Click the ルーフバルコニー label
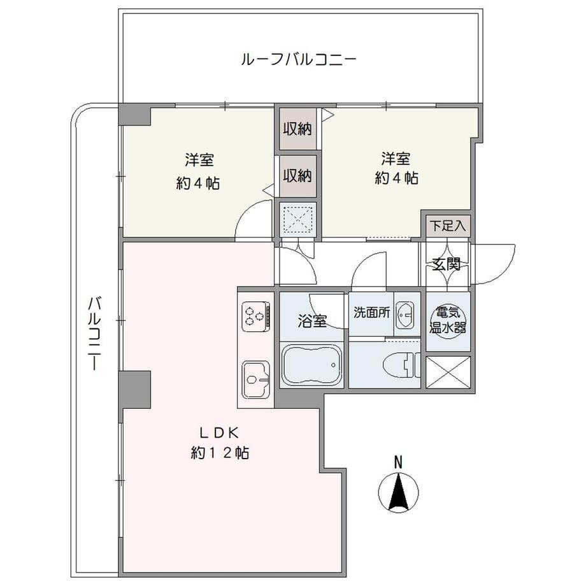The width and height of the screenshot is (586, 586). click(x=298, y=60)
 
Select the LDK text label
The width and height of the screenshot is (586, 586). click(x=220, y=433)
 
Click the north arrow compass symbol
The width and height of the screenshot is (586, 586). click(x=398, y=492)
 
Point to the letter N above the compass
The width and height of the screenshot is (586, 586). click(x=399, y=462)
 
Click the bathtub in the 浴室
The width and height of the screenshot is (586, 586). click(x=311, y=364)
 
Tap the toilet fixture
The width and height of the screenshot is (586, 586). click(x=402, y=365)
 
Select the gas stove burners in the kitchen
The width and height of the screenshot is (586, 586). click(x=256, y=316)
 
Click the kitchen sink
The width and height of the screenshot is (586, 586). click(x=256, y=380)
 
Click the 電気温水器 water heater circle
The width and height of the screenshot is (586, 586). click(x=448, y=321)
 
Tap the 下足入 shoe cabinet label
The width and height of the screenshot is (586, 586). click(x=448, y=225)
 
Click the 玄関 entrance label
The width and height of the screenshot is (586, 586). click(x=446, y=264)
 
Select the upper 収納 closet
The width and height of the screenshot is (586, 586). click(x=297, y=129)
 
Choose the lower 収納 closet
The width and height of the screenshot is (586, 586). click(x=297, y=176)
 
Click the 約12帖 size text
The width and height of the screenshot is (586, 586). click(x=220, y=453)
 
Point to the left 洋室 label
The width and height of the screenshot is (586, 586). click(x=199, y=161)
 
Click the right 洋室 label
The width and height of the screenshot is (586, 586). click(x=396, y=159)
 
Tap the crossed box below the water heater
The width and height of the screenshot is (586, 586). click(x=448, y=372)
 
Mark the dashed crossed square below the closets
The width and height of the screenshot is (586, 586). click(x=298, y=219)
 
